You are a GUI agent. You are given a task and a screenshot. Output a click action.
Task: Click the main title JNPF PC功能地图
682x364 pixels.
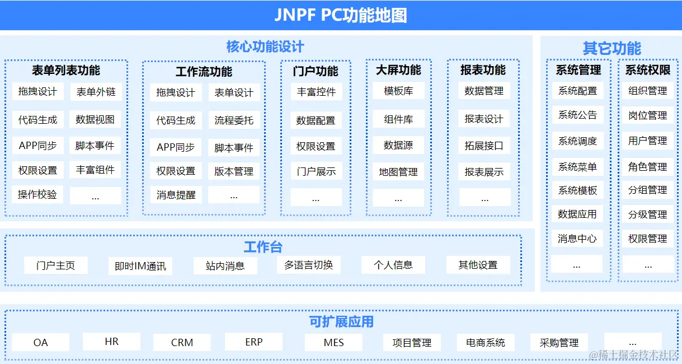coord(340,15)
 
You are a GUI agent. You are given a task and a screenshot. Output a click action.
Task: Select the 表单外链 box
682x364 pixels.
coord(96,92)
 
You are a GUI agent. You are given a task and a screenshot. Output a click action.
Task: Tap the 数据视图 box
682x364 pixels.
coord(96,119)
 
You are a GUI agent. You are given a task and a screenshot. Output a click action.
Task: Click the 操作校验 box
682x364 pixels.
coord(37,194)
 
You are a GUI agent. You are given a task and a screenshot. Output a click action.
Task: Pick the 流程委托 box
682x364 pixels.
coord(234,120)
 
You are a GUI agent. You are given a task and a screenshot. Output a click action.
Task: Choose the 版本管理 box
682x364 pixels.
coord(234,171)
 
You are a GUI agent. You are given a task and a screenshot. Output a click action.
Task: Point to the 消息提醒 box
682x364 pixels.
coord(176,195)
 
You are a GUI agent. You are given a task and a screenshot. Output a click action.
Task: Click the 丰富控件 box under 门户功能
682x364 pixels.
coord(316,92)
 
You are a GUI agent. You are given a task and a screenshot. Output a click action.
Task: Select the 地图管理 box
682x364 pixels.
coord(398,172)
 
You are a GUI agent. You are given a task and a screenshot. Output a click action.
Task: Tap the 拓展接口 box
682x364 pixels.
coord(484,146)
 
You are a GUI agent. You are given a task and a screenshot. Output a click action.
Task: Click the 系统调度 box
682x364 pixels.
coord(577,141)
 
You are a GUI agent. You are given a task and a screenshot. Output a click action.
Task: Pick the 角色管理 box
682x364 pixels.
coord(648,166)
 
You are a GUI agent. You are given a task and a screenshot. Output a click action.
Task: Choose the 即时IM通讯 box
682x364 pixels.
coord(140,266)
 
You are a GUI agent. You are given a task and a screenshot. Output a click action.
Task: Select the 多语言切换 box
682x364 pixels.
coord(309,265)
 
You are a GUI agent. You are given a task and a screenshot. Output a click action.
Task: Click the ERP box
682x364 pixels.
coord(254,342)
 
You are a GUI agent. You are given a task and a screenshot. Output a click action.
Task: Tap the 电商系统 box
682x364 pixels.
coord(481,342)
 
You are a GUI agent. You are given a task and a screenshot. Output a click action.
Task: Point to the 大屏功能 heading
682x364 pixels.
coord(398,70)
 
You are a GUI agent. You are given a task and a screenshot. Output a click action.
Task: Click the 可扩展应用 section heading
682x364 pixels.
coord(341,322)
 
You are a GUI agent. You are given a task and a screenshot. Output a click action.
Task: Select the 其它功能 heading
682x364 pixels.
coord(612,48)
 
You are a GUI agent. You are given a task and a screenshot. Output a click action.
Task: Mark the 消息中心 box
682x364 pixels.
coord(577,239)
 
